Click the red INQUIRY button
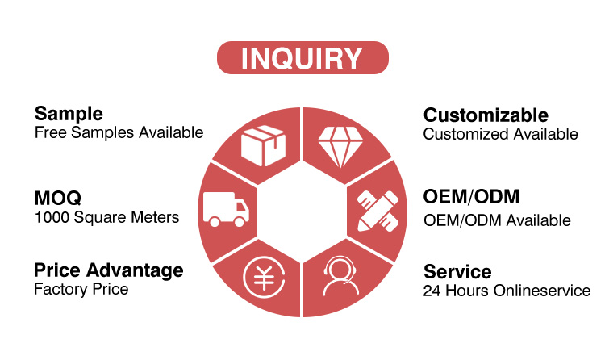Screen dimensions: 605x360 (x=302, y=57)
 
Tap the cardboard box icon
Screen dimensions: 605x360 (x=263, y=145)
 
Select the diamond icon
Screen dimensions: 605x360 (x=340, y=147)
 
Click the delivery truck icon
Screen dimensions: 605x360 (x=226, y=209)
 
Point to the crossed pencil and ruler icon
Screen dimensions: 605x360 (x=378, y=211)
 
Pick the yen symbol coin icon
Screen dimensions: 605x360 (x=264, y=277)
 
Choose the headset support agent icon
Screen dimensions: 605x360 (x=340, y=276)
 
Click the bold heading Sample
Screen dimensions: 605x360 (x=69, y=114)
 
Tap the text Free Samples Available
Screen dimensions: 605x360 (x=119, y=132)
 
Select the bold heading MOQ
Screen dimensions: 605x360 (x=58, y=198)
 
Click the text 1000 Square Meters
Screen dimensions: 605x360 (x=106, y=217)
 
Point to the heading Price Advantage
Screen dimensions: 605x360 (x=109, y=270)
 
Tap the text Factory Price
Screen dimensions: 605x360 (x=81, y=289)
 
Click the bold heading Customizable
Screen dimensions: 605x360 (x=486, y=115)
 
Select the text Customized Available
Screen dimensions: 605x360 (x=500, y=134)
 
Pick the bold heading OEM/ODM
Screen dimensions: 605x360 (x=471, y=197)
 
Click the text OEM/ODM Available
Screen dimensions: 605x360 (x=497, y=220)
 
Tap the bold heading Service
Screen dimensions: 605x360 (x=457, y=271)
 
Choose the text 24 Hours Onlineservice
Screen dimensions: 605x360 (x=507, y=291)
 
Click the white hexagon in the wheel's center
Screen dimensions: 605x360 (x=302, y=211)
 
